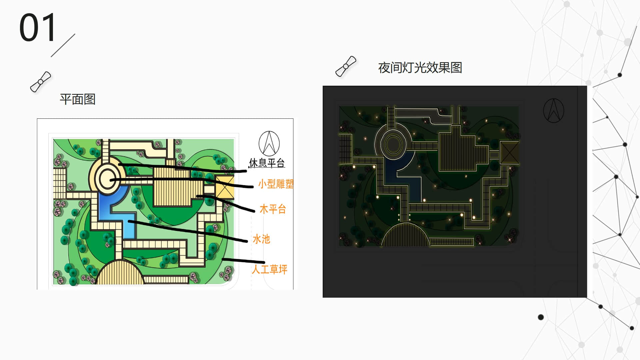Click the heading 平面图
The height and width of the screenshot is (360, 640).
coord(78,99)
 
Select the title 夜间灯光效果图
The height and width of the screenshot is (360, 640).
coord(420,68)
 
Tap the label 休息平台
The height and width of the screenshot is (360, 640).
coord(267,163)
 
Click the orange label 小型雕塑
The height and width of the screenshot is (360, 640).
coord(276,184)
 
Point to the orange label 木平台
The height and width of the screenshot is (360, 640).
coord(273,209)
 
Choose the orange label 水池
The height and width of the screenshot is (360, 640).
coord(261,239)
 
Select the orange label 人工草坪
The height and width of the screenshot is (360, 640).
coord(269,269)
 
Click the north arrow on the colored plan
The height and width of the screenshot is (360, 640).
coord(269,143)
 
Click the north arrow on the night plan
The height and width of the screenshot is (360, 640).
coord(554,111)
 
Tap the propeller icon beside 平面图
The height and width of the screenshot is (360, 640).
coord(41,82)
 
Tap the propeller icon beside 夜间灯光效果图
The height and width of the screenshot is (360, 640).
coord(346,66)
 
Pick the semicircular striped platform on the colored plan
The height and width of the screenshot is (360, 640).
coord(121,273)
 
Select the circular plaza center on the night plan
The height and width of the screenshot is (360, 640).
coord(393,144)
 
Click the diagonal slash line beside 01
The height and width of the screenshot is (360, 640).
coord(63,45)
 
